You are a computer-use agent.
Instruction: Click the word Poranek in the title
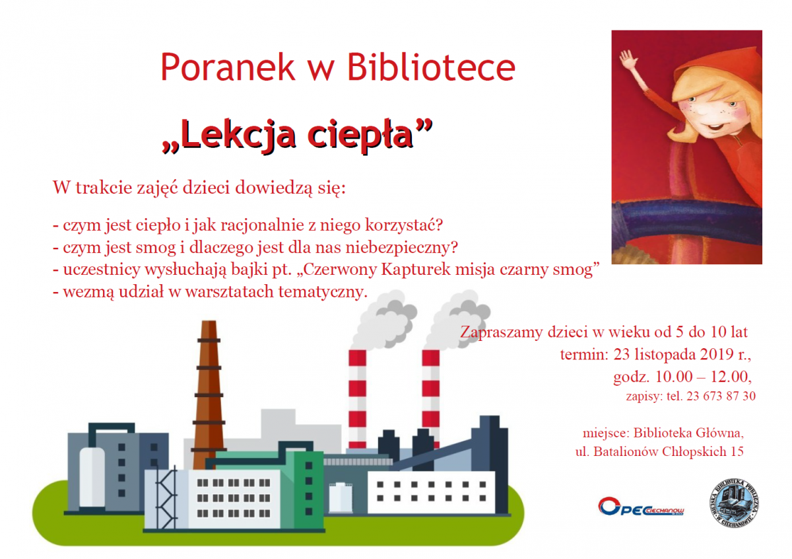point(228,67)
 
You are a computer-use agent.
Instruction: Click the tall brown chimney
point(209,394)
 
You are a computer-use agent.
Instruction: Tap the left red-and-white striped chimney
point(357,399)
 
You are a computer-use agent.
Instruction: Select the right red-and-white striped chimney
point(430,399)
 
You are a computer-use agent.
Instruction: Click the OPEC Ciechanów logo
point(641,506)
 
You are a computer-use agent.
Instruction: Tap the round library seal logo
point(735,503)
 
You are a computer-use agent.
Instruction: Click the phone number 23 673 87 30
point(721,396)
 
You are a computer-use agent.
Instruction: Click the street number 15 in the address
point(737,451)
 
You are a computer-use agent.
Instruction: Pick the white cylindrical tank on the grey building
point(92,477)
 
